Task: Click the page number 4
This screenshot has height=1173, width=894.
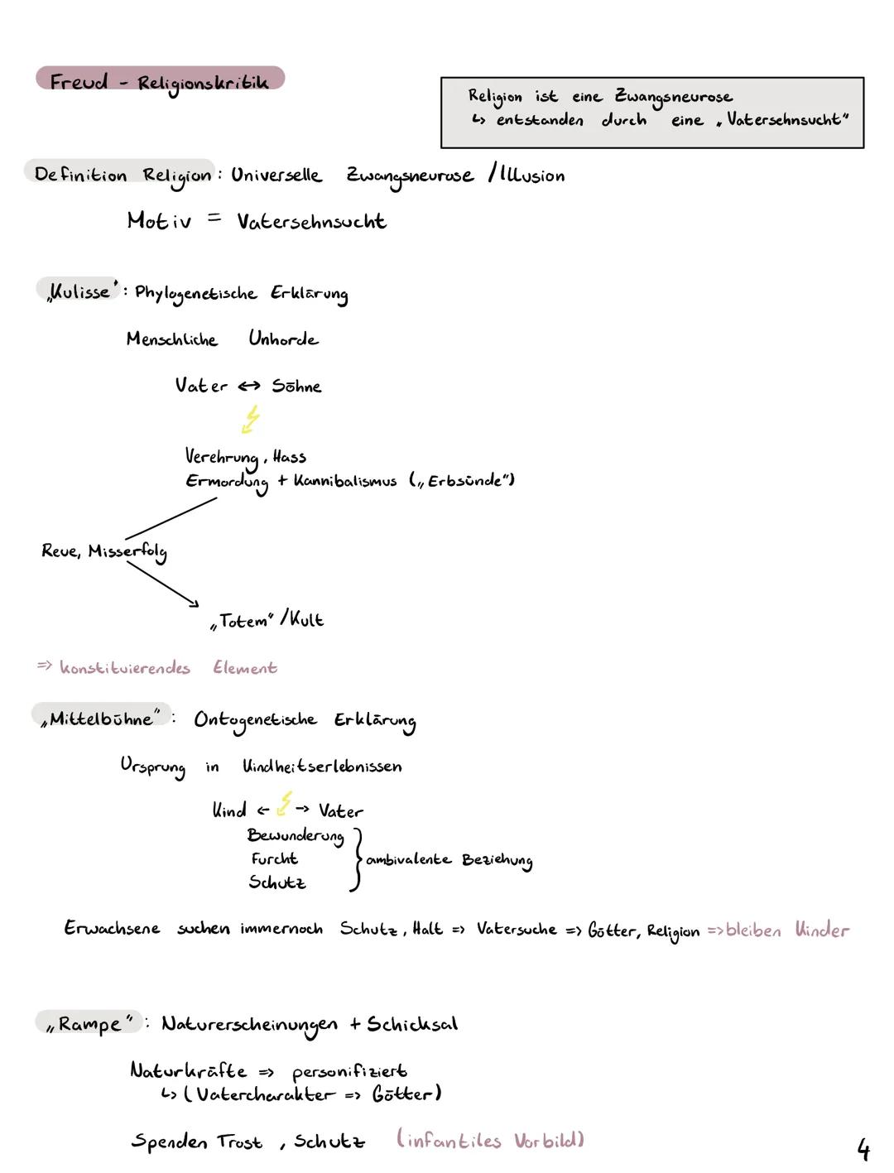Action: point(863,1150)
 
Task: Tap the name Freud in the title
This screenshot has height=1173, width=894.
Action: point(79,82)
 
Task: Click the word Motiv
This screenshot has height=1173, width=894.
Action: point(159,221)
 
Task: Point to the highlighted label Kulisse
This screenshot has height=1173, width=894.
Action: point(79,292)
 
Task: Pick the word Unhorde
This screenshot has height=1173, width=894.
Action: point(283,339)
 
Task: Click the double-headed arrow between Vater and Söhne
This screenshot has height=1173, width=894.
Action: point(249,387)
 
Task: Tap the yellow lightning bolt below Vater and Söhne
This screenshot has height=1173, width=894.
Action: point(250,419)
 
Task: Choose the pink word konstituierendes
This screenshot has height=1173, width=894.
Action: point(125,668)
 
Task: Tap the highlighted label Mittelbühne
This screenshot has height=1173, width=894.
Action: point(101,719)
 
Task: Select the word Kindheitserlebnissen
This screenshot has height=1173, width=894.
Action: point(322,767)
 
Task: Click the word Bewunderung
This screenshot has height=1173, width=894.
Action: point(296,836)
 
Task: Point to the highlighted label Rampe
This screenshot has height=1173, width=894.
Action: point(89,1024)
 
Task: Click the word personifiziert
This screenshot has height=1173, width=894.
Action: point(349,1072)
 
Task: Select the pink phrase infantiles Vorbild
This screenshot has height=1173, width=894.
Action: point(491,1141)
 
